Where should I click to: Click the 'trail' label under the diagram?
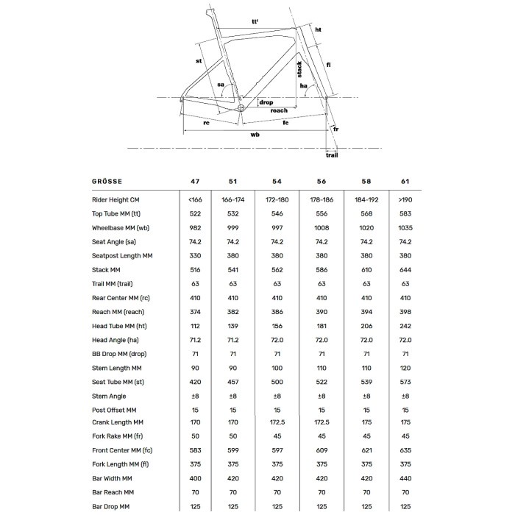pyautogui.click(x=333, y=155)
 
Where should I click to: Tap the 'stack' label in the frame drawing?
pyautogui.click(x=299, y=70)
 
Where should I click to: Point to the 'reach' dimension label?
pyautogui.click(x=279, y=110)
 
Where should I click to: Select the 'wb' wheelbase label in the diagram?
pyautogui.click(x=255, y=135)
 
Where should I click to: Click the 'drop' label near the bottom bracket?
pyautogui.click(x=266, y=102)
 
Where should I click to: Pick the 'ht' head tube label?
pyautogui.click(x=319, y=29)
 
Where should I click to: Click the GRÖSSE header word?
pyautogui.click(x=107, y=180)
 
